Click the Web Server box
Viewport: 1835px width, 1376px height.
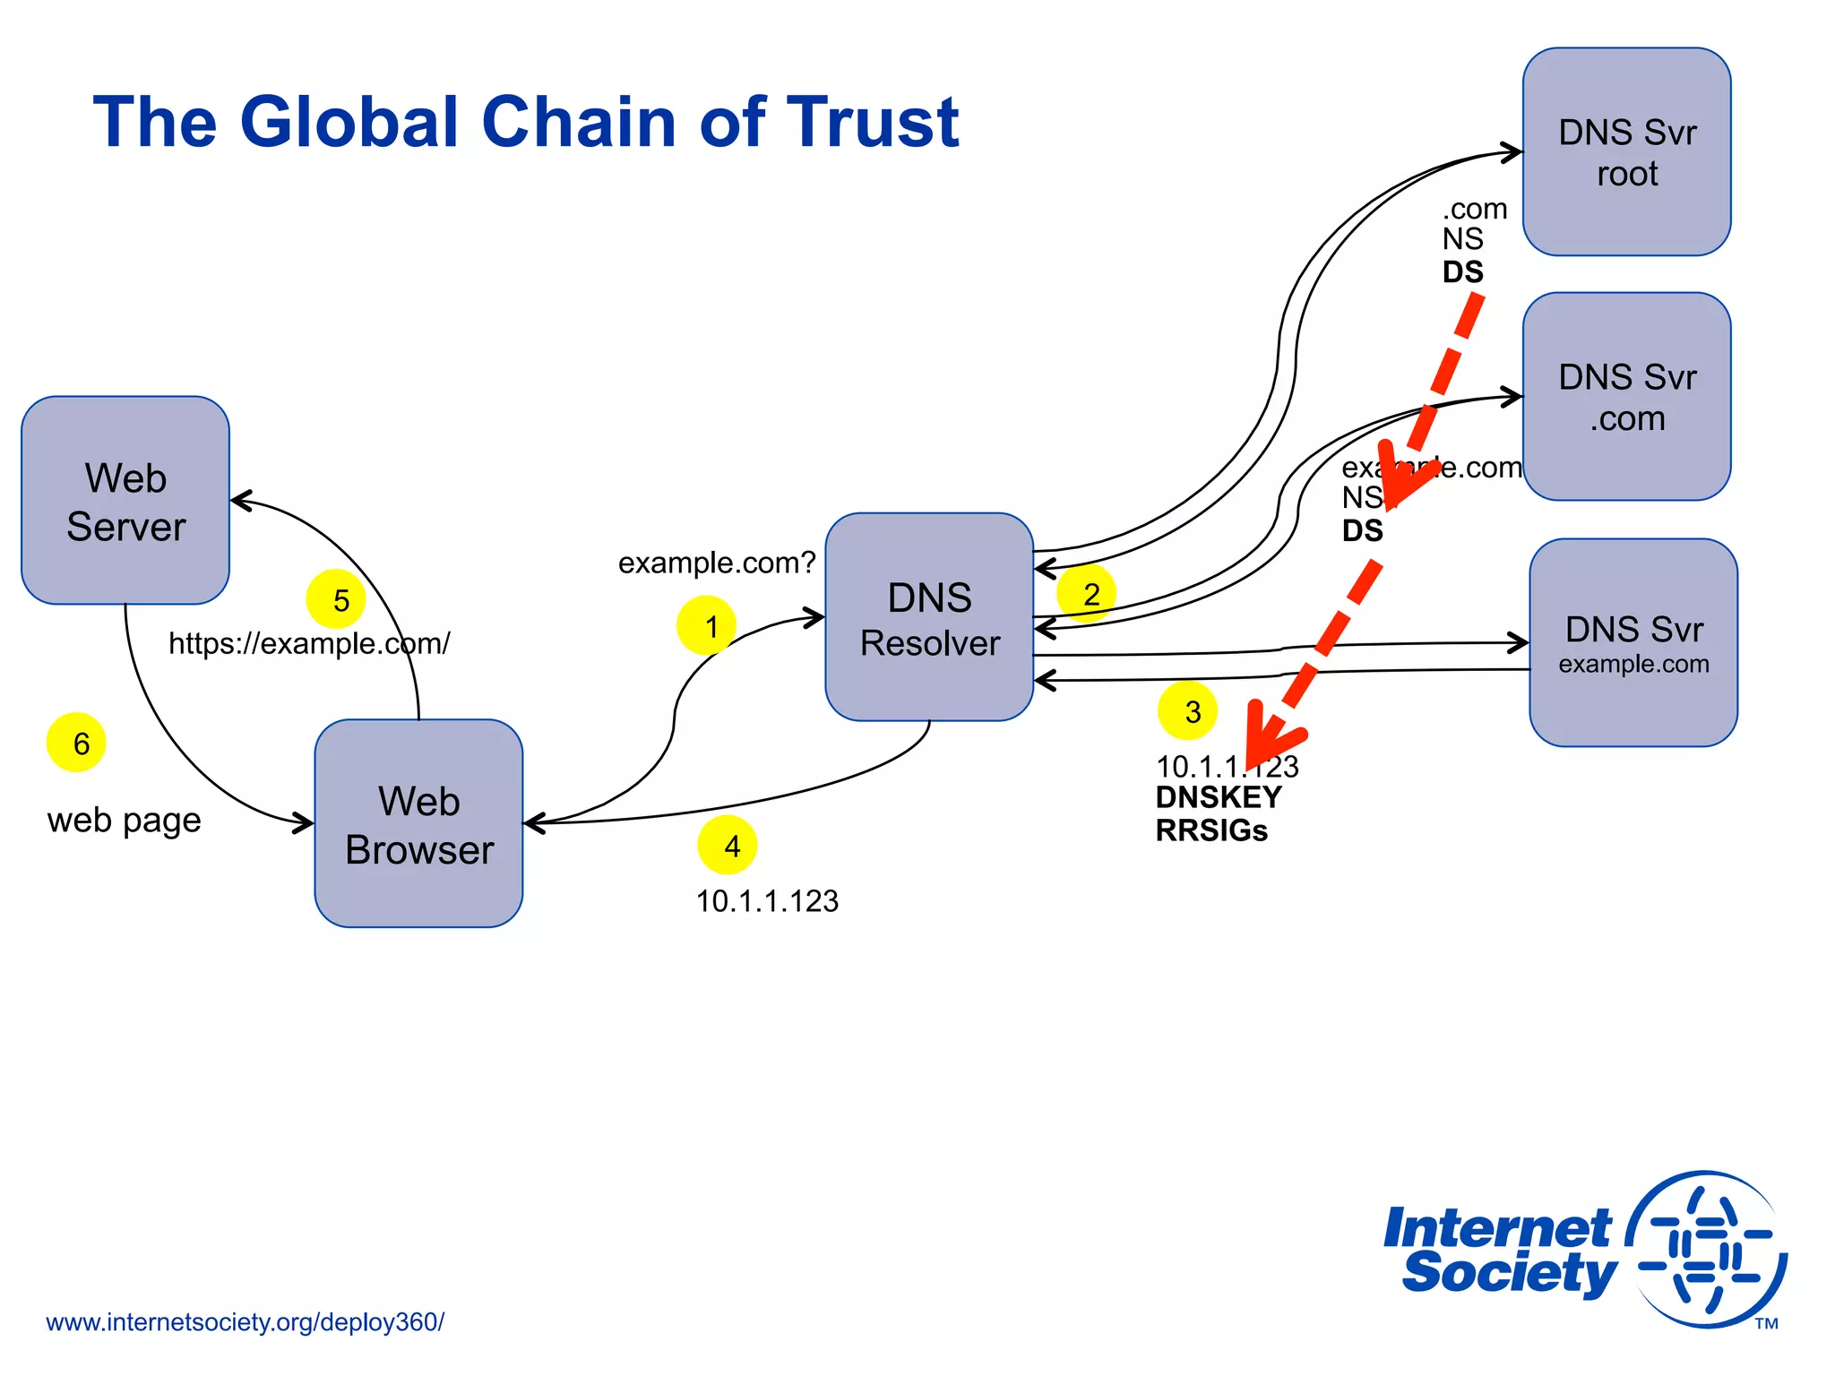[125, 501]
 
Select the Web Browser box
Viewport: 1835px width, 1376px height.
[418, 823]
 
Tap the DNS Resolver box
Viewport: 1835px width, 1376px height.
[929, 617]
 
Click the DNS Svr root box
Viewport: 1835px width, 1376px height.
[1626, 152]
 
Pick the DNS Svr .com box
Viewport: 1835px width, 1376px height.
[1626, 397]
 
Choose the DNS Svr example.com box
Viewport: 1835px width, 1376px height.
[1633, 643]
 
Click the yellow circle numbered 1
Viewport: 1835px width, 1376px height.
[707, 625]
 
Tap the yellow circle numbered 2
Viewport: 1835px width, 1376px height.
[1087, 593]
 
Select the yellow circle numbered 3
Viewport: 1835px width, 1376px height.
[1187, 711]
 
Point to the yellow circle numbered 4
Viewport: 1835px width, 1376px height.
[728, 845]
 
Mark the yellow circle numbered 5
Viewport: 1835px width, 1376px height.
[336, 599]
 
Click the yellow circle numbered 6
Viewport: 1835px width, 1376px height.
[76, 743]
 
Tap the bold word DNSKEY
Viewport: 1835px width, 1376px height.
[1219, 797]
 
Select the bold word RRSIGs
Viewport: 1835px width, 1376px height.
[1211, 830]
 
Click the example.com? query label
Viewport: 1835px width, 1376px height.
[717, 563]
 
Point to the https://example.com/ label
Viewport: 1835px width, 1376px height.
[309, 643]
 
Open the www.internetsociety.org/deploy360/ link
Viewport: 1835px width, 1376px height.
[245, 1322]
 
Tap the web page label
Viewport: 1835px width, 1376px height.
[124, 820]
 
